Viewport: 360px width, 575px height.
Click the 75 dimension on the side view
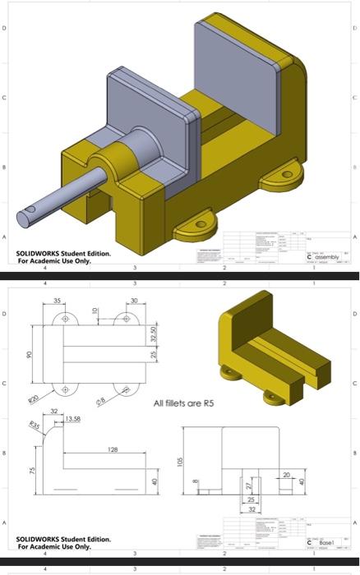pos(32,471)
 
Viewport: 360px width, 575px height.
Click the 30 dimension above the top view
pos(135,301)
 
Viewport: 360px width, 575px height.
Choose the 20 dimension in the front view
pos(286,475)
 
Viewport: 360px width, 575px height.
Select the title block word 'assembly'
pos(325,257)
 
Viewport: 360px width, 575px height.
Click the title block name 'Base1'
pos(327,543)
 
